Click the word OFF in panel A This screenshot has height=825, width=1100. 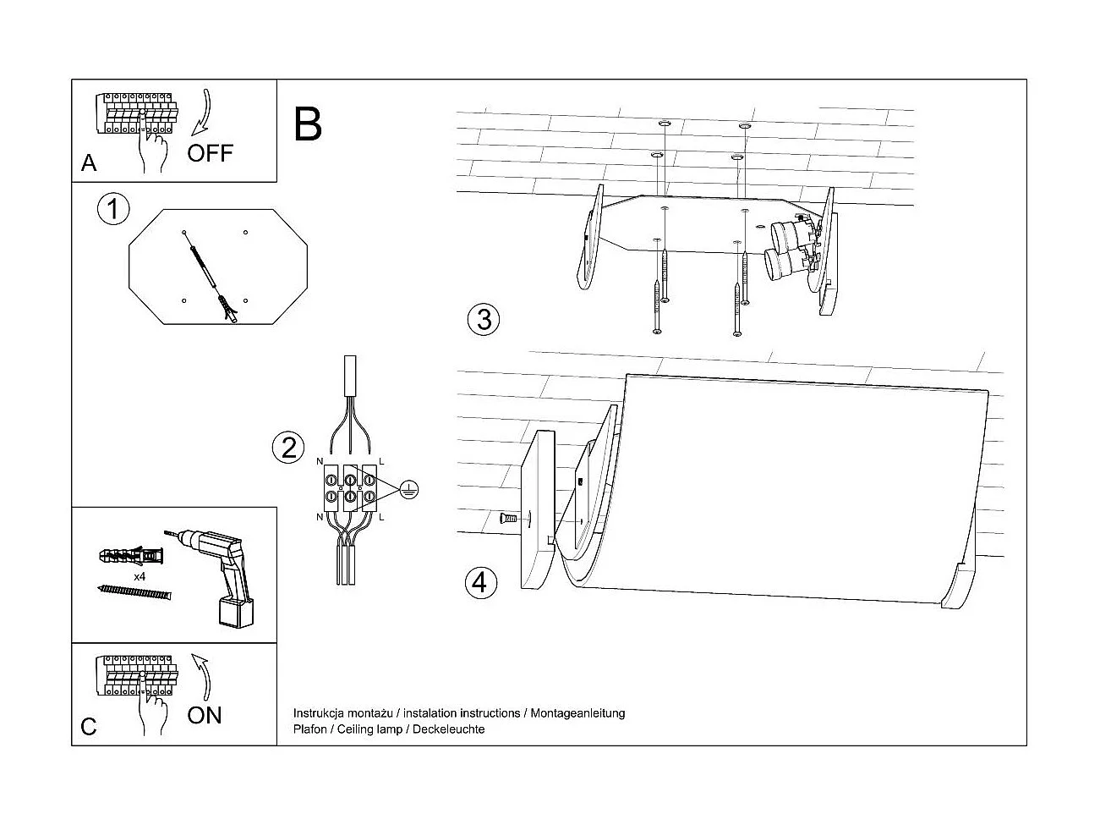coord(210,153)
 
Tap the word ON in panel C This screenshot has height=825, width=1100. coord(205,715)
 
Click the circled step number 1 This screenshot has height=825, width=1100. coord(113,208)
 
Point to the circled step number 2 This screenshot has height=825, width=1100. coord(288,447)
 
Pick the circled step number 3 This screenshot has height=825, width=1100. coord(483,319)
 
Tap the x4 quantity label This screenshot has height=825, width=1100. coord(140,576)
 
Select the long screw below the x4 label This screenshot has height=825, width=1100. coord(134,592)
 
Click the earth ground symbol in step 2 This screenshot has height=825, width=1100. coord(408,488)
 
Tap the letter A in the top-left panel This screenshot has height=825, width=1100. coord(89,163)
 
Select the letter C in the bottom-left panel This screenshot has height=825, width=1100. coord(89,727)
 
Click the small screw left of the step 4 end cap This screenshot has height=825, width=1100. coord(508,517)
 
